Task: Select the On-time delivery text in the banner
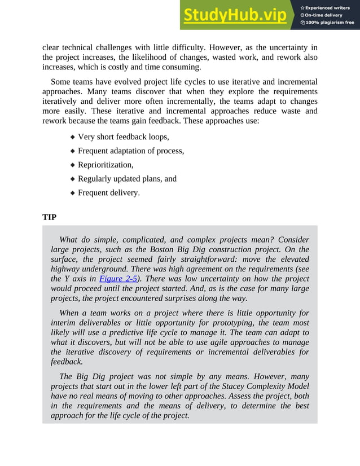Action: pos(327,15)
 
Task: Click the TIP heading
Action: pos(49,217)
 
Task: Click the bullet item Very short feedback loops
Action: pos(123,137)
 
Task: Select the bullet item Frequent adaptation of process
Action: pos(131,151)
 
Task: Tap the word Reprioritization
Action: pos(105,165)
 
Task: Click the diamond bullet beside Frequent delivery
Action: pos(72,193)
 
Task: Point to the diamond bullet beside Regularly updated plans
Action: pos(72,179)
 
